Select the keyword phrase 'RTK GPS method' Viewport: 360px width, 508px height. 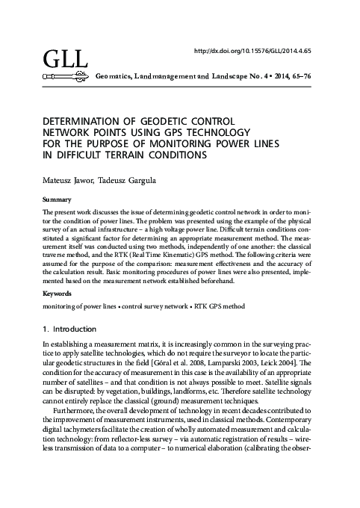click(217, 306)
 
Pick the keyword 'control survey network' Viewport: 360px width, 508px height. click(152, 306)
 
